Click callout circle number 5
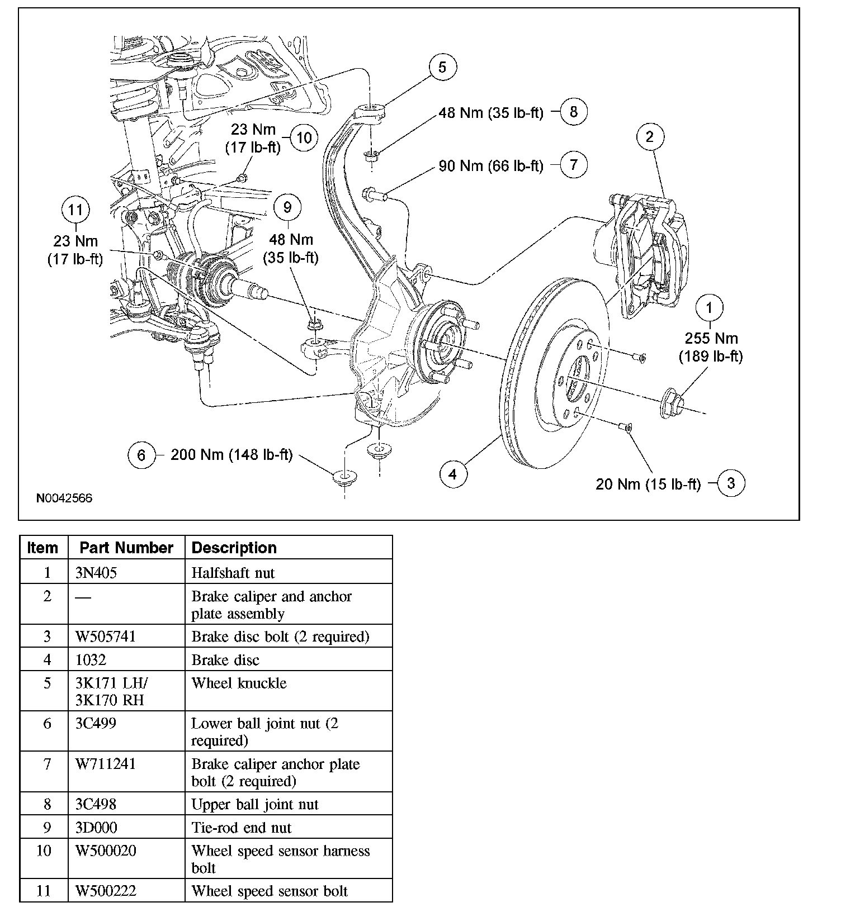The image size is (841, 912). tap(442, 68)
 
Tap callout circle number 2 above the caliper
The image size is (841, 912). tap(649, 137)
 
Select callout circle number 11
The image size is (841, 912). tap(75, 210)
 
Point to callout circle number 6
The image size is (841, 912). tap(141, 455)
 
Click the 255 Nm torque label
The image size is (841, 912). tap(711, 338)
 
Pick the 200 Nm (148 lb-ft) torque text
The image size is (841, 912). tap(231, 455)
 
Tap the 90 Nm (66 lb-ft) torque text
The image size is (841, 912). tap(490, 166)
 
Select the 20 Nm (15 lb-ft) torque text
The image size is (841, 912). tap(648, 484)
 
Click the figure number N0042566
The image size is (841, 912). tap(64, 498)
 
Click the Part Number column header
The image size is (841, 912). tap(126, 548)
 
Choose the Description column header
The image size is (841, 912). tap(234, 548)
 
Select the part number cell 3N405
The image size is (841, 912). tap(96, 573)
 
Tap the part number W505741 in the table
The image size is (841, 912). tap(106, 636)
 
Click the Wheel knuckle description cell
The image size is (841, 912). tap(239, 683)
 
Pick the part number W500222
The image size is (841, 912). tap(106, 891)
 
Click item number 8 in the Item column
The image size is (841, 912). tap(47, 804)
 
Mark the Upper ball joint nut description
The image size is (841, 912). tap(254, 804)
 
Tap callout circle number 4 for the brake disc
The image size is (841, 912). tap(452, 474)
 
